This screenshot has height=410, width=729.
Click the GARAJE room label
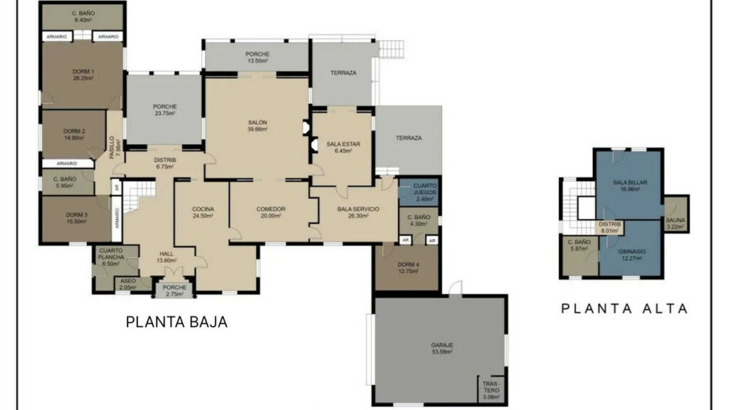tap(441, 348)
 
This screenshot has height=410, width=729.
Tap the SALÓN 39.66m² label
tap(257, 125)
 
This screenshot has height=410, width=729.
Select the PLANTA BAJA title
tap(177, 322)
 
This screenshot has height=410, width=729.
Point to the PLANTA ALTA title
tap(624, 308)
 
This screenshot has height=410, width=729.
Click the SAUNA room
tap(676, 214)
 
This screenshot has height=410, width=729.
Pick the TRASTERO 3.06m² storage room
tap(491, 389)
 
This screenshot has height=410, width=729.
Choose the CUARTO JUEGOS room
tap(419, 192)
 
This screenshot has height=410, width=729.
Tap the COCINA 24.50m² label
tap(203, 212)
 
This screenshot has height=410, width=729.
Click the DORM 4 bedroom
tap(407, 268)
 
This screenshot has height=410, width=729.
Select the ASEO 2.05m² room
tap(128, 284)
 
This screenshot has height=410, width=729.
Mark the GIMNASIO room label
tap(631, 255)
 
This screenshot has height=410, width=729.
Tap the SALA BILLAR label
tap(630, 186)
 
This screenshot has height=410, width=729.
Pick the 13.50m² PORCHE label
tap(257, 57)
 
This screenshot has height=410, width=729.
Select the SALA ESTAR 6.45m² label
tap(343, 147)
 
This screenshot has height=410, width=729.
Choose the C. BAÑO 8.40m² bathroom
tap(83, 17)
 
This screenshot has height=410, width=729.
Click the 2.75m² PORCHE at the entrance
tap(174, 290)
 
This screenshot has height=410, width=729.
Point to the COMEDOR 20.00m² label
tap(271, 212)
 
